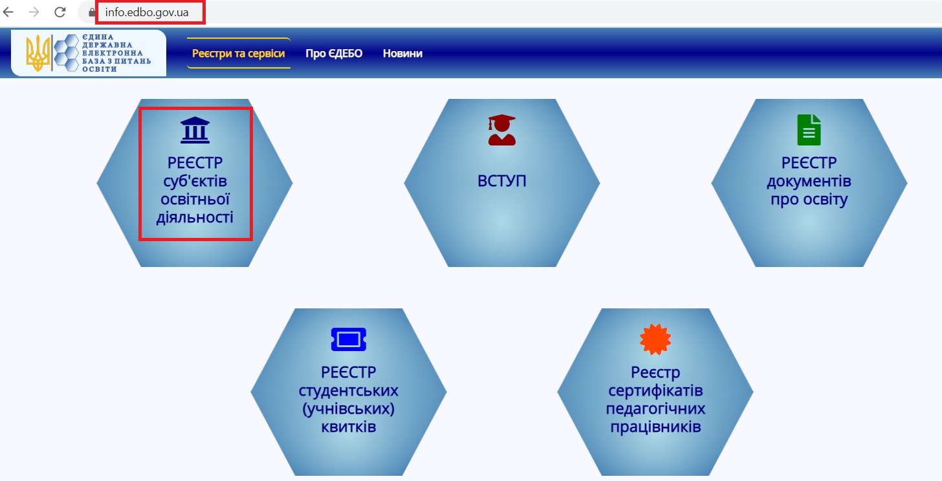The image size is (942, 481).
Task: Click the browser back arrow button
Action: [x=8, y=12]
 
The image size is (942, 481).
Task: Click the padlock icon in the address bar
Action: [x=92, y=12]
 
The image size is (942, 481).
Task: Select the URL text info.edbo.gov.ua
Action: [x=147, y=12]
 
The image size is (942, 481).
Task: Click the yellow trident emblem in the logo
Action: [x=38, y=53]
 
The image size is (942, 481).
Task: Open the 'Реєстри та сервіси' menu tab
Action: [x=238, y=53]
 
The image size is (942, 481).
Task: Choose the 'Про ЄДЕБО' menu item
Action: [x=334, y=53]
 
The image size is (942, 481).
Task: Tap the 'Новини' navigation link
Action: [x=402, y=53]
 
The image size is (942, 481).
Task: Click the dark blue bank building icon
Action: [x=195, y=130]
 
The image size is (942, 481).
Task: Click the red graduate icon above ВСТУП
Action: [x=501, y=129]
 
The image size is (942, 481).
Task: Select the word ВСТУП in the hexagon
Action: [x=501, y=181]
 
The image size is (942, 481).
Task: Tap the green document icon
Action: [x=809, y=129]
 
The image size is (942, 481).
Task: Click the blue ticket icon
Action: [x=348, y=339]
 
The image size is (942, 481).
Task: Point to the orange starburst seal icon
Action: [x=655, y=339]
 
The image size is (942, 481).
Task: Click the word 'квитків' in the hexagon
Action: [x=348, y=427]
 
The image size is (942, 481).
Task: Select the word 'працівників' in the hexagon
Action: [x=655, y=427]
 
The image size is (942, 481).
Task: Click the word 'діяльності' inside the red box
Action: [x=195, y=217]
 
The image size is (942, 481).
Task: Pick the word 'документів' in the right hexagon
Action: [x=809, y=180]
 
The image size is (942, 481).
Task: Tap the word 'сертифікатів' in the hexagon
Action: [x=655, y=391]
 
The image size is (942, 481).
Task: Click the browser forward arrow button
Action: [x=34, y=12]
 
